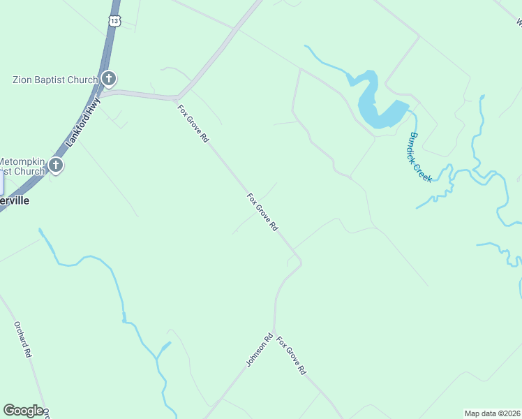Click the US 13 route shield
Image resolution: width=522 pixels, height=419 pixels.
click(114, 21)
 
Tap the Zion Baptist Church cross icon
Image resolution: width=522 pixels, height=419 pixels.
click(108, 79)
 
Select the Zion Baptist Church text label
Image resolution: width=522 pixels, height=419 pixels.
click(55, 80)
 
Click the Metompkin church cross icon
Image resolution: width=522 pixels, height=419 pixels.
click(55, 166)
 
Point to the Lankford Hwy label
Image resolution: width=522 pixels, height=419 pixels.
click(83, 122)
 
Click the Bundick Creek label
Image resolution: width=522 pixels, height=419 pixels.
click(421, 157)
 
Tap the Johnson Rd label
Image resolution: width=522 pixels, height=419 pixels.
click(258, 350)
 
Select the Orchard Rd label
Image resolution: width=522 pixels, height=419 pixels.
click(23, 339)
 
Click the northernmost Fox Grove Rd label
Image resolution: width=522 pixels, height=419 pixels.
click(193, 124)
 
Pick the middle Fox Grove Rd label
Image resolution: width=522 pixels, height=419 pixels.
click(263, 212)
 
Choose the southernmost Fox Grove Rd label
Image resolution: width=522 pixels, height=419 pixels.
click(292, 356)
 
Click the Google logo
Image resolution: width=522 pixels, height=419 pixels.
click(23, 411)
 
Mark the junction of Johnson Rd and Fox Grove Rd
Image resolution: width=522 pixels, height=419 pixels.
click(274, 331)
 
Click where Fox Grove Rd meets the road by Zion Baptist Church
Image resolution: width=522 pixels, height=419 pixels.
click(179, 98)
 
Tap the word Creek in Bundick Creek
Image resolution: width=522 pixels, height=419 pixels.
click(424, 170)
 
